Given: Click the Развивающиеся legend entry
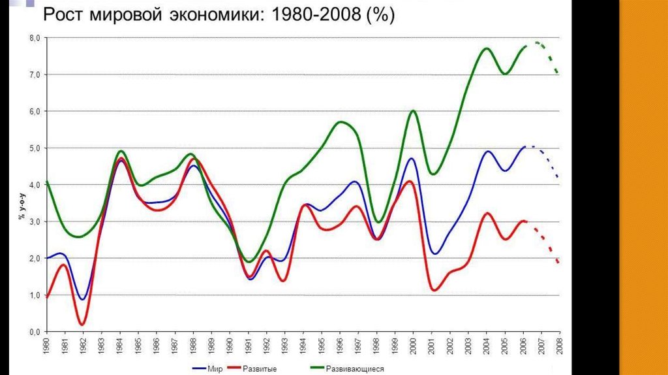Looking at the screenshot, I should point(355,369).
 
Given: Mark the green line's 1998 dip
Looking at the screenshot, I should point(377,223).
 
